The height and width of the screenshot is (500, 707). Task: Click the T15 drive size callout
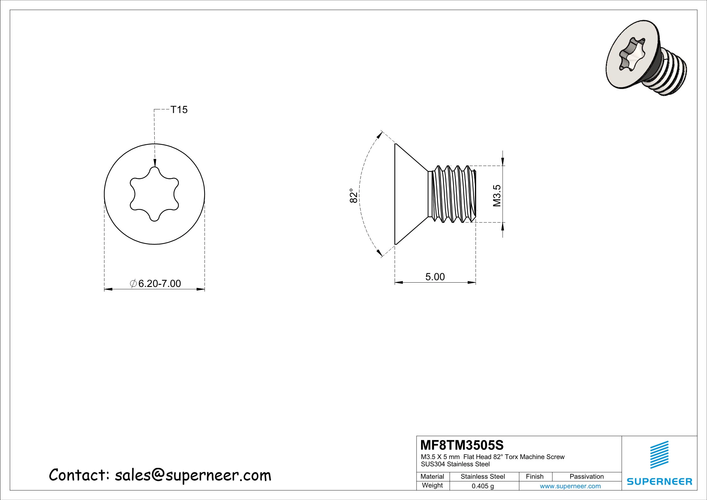pos(179,110)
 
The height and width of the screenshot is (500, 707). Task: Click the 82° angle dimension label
pos(354,196)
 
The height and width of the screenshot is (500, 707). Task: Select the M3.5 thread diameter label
pos(497,196)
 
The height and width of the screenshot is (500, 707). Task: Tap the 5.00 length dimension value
pos(435,277)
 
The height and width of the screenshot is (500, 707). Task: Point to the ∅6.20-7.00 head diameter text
pos(156,284)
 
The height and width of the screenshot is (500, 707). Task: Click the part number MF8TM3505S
pos(462,445)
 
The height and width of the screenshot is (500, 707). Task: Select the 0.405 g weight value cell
pos(482,486)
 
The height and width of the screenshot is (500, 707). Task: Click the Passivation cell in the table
pos(586,477)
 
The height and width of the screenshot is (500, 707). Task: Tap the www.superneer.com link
pos(570,486)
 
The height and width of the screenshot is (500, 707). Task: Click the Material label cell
pos(432,477)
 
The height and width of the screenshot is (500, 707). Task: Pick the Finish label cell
pos(534,477)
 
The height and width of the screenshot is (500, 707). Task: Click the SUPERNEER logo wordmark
pos(659,481)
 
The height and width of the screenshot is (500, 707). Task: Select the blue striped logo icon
pos(659,454)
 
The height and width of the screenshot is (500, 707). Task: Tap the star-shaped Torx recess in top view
pos(154,194)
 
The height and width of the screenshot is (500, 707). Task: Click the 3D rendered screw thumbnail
pos(646,61)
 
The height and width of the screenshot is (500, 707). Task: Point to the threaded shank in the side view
pos(453,194)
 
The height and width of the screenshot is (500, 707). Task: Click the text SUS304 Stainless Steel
pos(455,464)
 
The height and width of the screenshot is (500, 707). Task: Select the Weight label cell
pos(432,486)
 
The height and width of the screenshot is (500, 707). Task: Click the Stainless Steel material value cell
pos(482,477)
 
